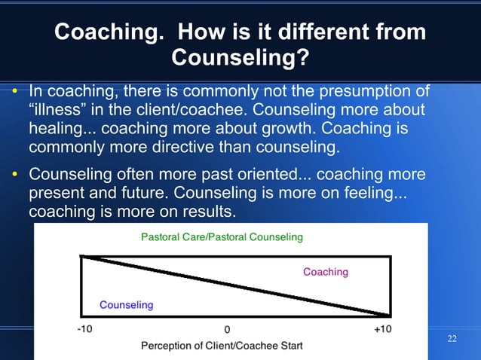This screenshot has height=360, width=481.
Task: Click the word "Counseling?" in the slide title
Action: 240,57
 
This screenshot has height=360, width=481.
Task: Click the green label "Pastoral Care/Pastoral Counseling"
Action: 222,237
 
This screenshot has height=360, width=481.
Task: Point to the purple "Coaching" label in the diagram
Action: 325,272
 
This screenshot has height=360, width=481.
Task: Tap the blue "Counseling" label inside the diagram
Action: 126,305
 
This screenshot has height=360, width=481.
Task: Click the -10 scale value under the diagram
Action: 85,329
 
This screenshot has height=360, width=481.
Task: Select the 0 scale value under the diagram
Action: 226,330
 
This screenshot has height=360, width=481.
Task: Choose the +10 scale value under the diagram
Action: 382,329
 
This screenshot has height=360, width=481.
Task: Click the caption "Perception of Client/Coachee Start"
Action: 222,346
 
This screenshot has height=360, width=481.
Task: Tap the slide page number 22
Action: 452,338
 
